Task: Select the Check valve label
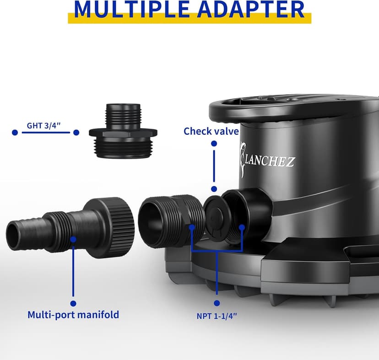click(211, 131)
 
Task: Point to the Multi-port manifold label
click(73, 315)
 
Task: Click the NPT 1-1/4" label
click(217, 315)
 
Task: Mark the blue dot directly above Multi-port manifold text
click(73, 302)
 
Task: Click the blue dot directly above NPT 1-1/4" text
click(217, 302)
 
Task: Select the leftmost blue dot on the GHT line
click(15, 132)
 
